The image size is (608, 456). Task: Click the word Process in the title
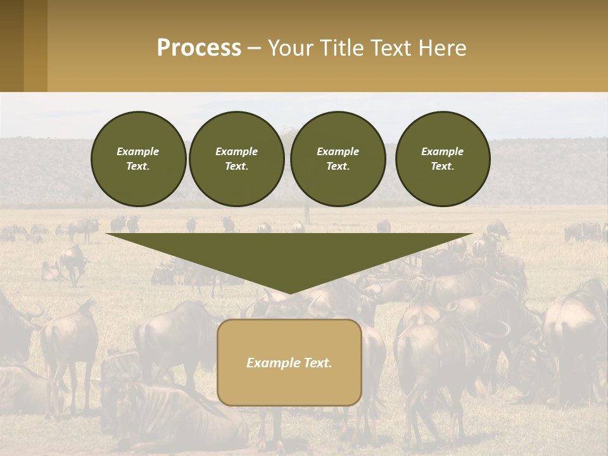(199, 48)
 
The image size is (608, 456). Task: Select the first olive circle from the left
(138, 158)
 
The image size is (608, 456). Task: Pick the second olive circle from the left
(236, 158)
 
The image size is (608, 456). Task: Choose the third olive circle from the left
(338, 158)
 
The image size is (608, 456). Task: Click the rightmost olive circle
(442, 158)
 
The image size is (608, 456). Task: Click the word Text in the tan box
(317, 363)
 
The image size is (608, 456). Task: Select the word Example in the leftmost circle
(138, 151)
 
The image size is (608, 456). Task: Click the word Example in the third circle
(338, 151)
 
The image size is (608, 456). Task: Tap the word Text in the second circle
(236, 166)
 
